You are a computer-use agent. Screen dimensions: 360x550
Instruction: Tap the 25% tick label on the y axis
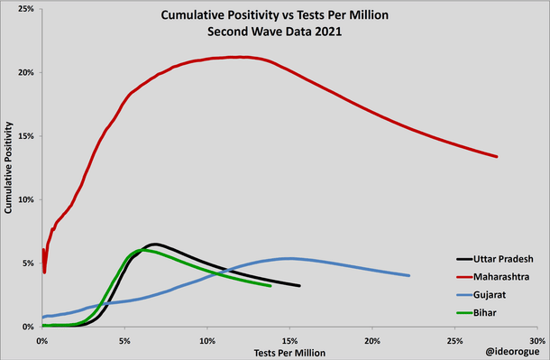point(26,9)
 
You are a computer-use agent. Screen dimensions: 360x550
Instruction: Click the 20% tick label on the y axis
point(26,72)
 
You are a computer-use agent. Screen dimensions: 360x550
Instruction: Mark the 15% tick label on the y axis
point(26,136)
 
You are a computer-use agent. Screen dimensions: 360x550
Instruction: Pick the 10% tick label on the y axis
point(26,199)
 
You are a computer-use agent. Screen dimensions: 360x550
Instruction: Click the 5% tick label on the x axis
point(124,340)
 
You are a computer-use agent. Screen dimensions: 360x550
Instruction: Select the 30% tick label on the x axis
point(537,340)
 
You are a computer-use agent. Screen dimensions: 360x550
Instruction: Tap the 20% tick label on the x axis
point(372,340)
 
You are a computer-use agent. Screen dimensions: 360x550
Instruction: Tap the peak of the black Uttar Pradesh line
point(155,244)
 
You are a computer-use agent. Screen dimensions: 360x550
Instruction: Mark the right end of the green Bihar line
point(270,285)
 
